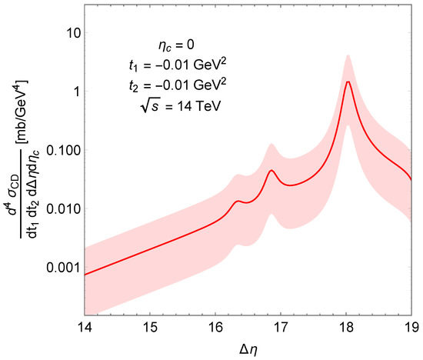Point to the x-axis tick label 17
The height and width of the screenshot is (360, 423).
point(281,325)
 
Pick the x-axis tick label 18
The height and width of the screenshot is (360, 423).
point(347,325)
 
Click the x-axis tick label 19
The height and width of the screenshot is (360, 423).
point(412,325)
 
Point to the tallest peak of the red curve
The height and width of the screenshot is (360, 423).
point(348,82)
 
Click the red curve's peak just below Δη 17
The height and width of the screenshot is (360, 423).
point(271,171)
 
